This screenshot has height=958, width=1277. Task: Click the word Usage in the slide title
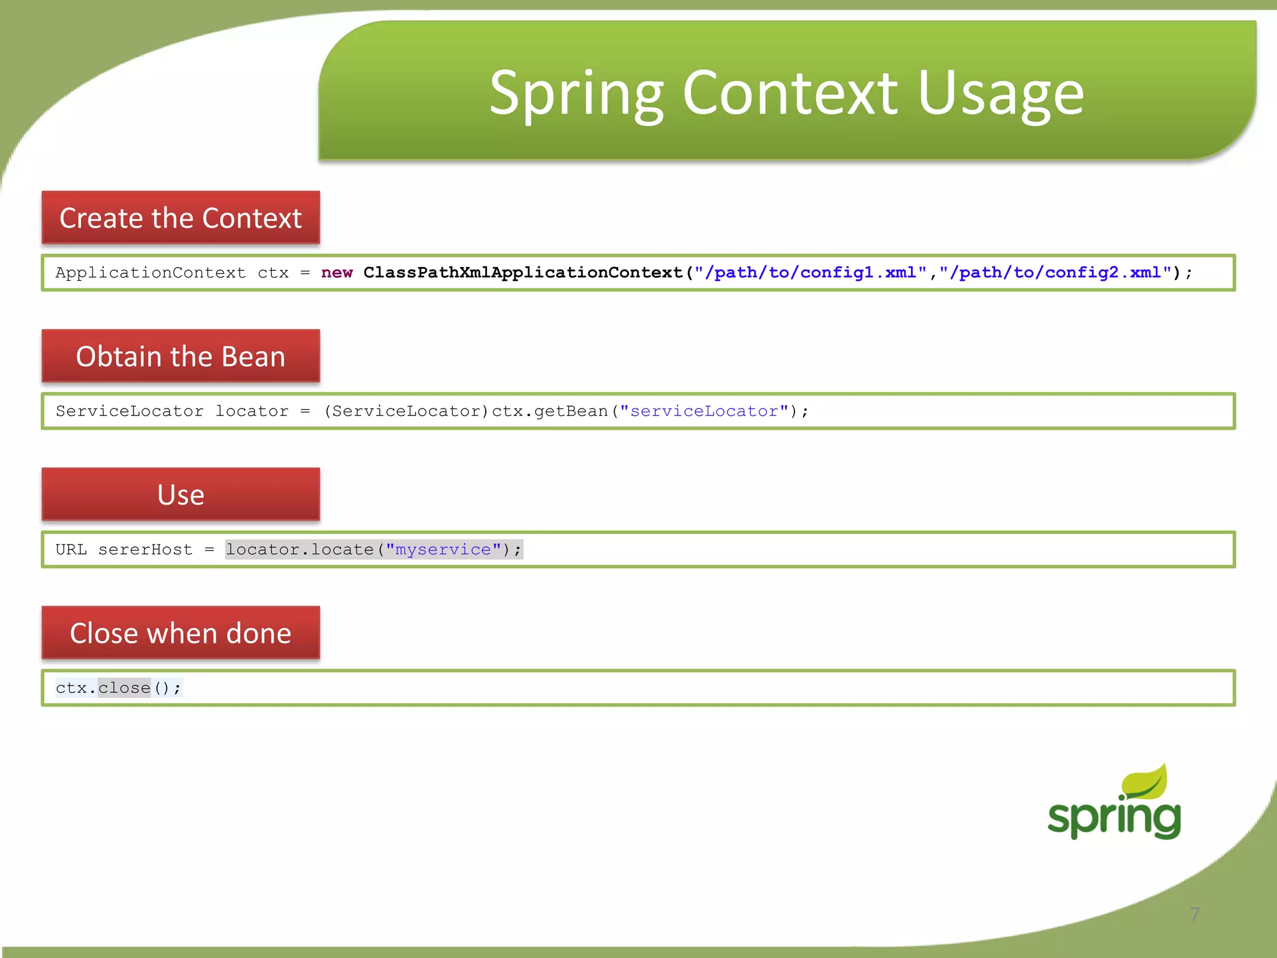click(x=1001, y=94)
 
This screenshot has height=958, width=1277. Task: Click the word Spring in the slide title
click(x=577, y=94)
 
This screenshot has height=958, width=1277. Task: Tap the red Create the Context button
click(x=180, y=218)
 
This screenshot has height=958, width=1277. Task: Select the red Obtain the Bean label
click(x=180, y=356)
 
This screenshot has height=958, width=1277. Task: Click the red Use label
click(x=180, y=495)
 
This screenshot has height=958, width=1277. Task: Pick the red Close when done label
click(x=180, y=633)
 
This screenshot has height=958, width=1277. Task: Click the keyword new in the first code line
click(x=337, y=273)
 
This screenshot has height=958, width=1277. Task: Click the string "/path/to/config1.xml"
click(x=810, y=273)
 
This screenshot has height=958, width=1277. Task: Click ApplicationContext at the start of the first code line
click(x=150, y=273)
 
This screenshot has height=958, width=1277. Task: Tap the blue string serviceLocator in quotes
click(x=704, y=411)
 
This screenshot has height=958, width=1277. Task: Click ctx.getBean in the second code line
click(x=549, y=411)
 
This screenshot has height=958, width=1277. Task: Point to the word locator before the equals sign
click(x=251, y=411)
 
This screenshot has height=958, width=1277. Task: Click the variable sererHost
click(x=145, y=549)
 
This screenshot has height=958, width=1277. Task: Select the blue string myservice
click(x=443, y=549)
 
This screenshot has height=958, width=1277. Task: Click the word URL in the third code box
click(x=71, y=549)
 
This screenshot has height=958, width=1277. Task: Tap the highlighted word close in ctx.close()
click(x=124, y=688)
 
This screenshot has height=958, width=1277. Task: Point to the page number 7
click(x=1195, y=914)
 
